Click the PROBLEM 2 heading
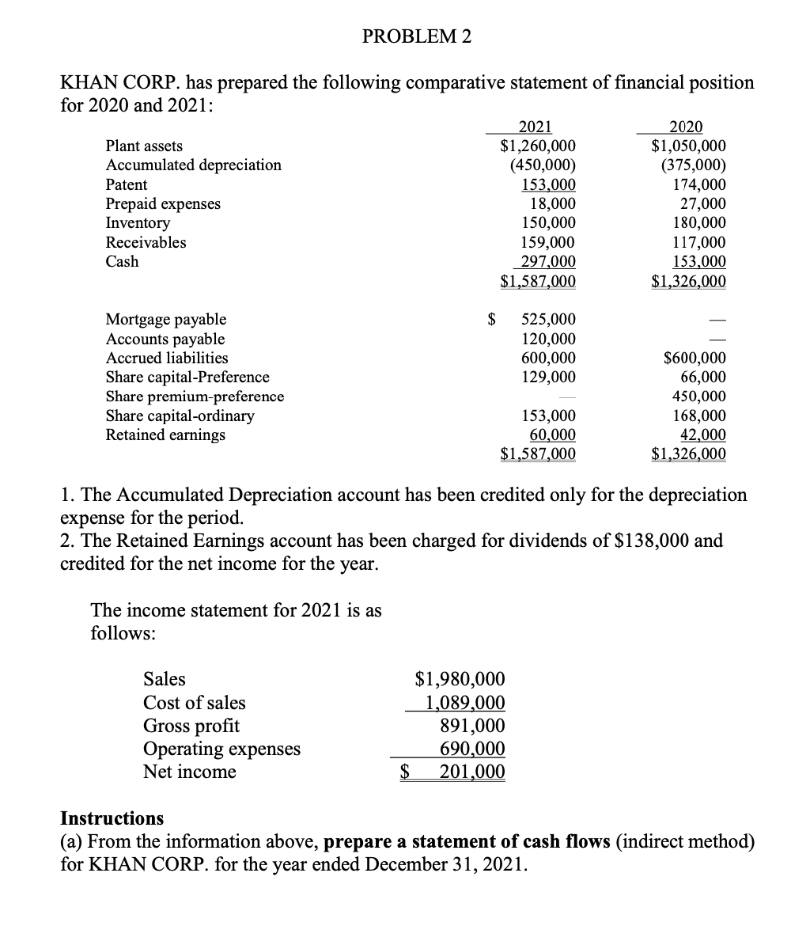pos(416,36)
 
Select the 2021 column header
pos(535,127)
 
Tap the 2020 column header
pos(685,127)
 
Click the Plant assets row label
pos(144,146)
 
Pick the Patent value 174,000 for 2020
pos(698,184)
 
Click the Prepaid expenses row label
pos(163,203)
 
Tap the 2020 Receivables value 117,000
pos(698,243)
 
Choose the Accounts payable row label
pos(165,339)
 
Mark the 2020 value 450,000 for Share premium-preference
pos(698,397)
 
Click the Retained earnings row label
pos(165,435)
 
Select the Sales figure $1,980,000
pos(460,679)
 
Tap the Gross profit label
pos(191,726)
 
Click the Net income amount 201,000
pos(471,772)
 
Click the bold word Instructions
pos(112,818)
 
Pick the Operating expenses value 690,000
pos(472,749)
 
